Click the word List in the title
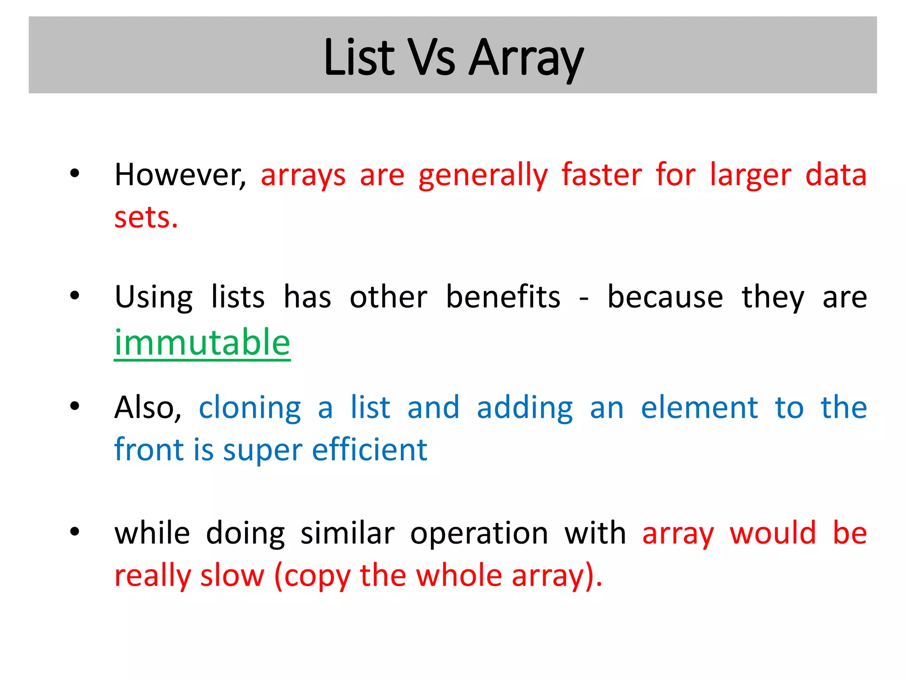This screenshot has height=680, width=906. (359, 58)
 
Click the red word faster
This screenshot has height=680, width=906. (602, 175)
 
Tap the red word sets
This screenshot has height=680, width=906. (146, 217)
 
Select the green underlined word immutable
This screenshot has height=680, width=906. (202, 343)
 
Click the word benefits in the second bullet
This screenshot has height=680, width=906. (503, 297)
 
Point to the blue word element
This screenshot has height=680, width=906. (699, 407)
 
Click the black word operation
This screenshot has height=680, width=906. (479, 534)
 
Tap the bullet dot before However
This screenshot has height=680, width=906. (74, 174)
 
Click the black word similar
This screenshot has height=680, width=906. (347, 533)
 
